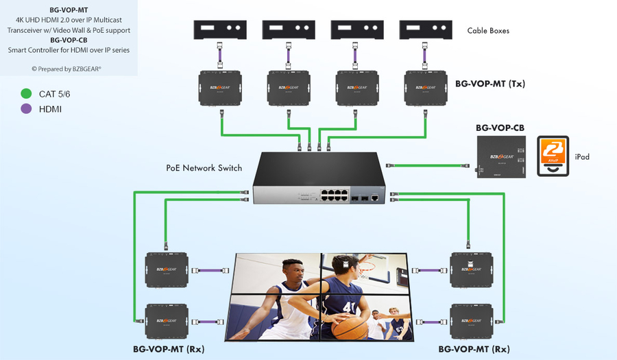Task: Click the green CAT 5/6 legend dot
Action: [27, 93]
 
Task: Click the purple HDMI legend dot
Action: [27, 108]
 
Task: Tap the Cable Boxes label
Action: [488, 31]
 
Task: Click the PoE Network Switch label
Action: [204, 168]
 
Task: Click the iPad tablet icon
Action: [553, 156]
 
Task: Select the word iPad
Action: [582, 157]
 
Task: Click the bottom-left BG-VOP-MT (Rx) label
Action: [168, 350]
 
